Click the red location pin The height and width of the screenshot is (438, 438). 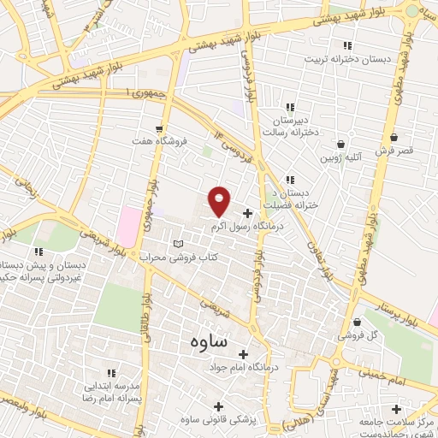(x=220, y=200)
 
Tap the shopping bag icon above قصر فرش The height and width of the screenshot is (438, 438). (x=394, y=137)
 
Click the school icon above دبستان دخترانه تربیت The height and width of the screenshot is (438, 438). (x=346, y=45)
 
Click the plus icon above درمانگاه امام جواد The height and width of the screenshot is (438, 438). (x=243, y=353)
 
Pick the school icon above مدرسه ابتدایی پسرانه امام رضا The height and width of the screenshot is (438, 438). (x=110, y=373)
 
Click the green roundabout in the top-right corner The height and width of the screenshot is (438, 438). (x=413, y=11)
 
